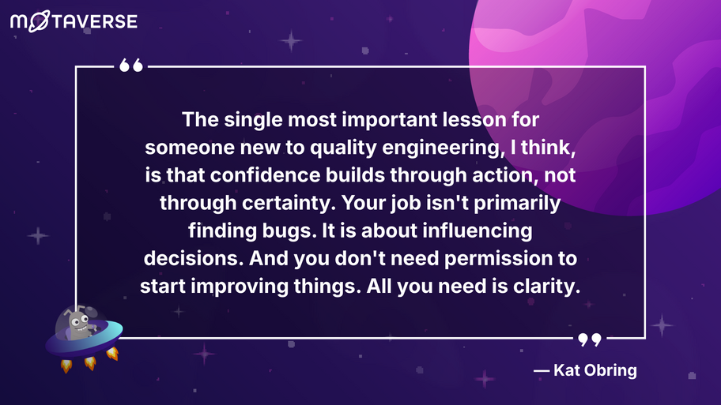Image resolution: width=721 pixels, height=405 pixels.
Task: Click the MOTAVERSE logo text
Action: (74, 21)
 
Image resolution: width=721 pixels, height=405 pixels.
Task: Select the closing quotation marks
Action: (589, 339)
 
